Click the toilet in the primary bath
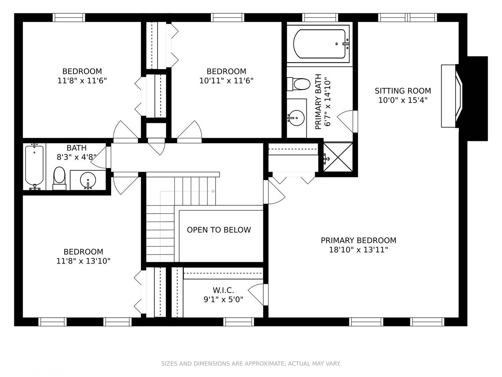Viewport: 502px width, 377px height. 299,84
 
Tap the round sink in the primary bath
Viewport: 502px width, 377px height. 296,118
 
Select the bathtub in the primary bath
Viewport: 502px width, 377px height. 319,44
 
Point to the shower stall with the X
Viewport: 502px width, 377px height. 338,157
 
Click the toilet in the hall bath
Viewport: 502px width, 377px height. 60,178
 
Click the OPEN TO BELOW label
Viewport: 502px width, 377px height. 219,230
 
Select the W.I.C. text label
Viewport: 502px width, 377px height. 223,290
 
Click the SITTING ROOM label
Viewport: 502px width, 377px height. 403,91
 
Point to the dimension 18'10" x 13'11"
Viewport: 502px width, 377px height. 359,250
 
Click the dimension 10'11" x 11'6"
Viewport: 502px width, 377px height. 226,81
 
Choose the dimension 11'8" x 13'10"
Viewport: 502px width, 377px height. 83,261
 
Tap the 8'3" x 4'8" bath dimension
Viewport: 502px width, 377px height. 77,157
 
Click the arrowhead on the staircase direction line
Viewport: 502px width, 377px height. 214,191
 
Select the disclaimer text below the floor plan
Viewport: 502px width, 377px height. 251,363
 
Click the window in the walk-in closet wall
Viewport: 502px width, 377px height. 238,322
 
